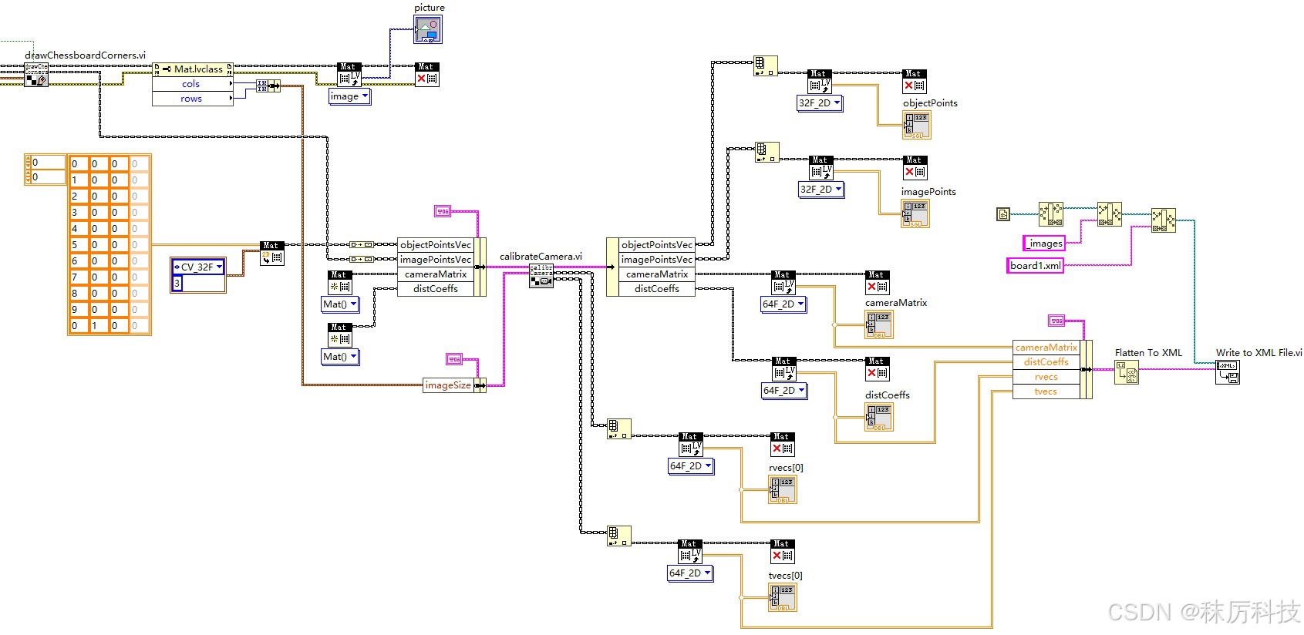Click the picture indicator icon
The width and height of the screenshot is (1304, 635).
[x=428, y=30]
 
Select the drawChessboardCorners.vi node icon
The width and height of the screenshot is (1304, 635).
[x=35, y=75]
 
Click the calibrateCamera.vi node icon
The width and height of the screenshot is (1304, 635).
[x=541, y=276]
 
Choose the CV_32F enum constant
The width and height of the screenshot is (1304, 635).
[x=197, y=267]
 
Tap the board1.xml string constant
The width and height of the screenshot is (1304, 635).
[x=1036, y=266]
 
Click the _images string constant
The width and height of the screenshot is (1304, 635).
[x=1044, y=244]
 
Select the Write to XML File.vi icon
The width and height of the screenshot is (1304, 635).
[x=1228, y=372]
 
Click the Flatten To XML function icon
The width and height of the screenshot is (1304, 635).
[x=1126, y=372]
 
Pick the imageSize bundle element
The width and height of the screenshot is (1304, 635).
[x=448, y=385]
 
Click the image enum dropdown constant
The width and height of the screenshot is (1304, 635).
[x=349, y=96]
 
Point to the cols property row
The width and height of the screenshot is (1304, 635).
[x=191, y=84]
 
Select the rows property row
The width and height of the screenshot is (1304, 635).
[x=191, y=99]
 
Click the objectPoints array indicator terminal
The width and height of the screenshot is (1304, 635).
[x=917, y=125]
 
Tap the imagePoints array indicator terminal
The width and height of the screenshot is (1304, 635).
[x=915, y=213]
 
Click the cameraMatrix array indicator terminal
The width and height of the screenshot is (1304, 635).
[x=879, y=324]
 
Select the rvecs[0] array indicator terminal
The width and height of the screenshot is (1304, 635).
[x=783, y=489]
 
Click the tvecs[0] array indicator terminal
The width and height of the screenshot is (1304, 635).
[x=783, y=597]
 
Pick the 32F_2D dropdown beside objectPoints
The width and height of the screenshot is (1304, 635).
[x=819, y=103]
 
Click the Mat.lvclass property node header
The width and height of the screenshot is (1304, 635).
[x=193, y=69]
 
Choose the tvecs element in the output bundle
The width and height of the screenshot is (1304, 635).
[x=1046, y=391]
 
